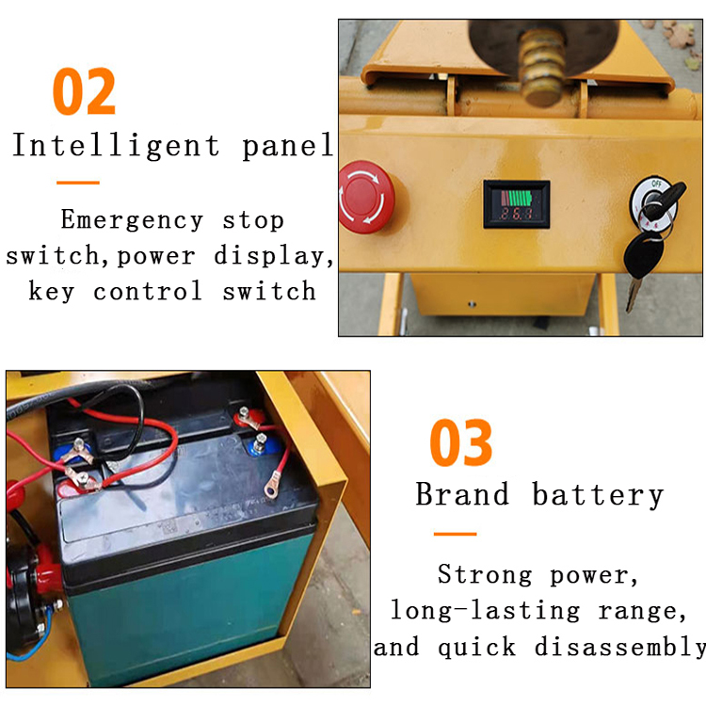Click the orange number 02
coord(85,91)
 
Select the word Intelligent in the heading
coord(116,146)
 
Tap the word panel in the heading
coord(287,146)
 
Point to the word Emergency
coord(131,220)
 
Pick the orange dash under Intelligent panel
coord(77,182)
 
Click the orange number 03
coord(461,443)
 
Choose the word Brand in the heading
coord(462,494)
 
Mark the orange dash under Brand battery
coord(455,534)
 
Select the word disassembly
coord(620,647)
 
